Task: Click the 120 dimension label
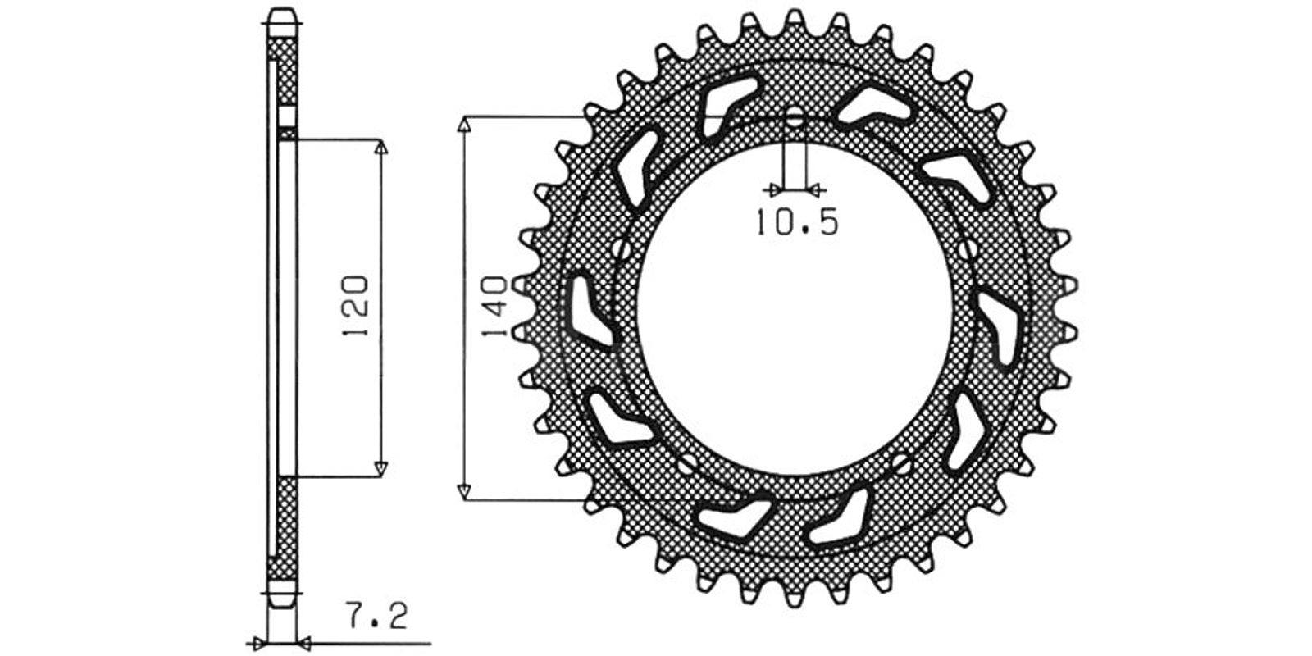(357, 305)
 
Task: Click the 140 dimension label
(494, 307)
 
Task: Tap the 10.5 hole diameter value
(798, 222)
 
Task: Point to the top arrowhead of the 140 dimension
(464, 124)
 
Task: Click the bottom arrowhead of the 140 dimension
(464, 493)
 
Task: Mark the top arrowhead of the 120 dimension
(381, 147)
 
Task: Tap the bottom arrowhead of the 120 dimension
(381, 468)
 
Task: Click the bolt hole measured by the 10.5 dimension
(795, 117)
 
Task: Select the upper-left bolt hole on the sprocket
(622, 249)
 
